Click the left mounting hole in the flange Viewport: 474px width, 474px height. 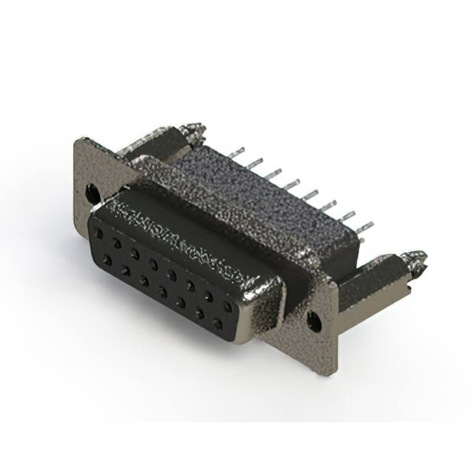[x=92, y=193]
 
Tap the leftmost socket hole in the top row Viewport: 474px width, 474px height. [x=98, y=233]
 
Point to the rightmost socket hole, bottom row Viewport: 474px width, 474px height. [x=218, y=324]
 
